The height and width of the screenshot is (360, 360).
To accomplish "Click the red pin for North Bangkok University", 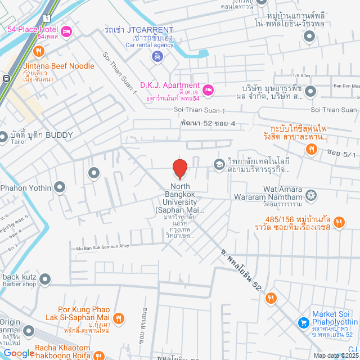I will pos(179,168).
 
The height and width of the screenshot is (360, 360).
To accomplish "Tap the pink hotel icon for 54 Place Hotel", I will pos(66,30).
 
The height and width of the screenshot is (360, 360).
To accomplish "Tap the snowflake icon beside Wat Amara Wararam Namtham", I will pos(310,195).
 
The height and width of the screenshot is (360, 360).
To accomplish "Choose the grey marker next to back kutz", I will pos(46,278).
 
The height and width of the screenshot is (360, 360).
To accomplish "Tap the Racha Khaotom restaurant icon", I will pos(100,355).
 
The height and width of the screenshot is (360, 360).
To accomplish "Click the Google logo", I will pos(19,353).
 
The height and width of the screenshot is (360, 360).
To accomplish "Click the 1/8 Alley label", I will pos(301,75).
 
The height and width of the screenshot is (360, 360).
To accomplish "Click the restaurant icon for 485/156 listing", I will pos(338,223).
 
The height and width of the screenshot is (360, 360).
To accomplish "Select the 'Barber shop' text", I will pos(19,284).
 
